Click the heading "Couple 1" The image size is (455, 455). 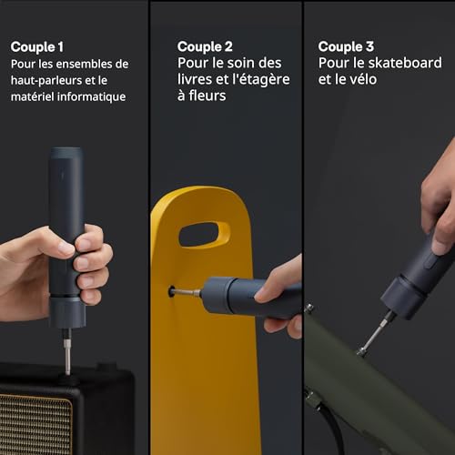[37, 46]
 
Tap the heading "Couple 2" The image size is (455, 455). [205, 46]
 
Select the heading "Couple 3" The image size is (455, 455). [346, 46]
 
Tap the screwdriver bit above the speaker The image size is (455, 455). [67, 350]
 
